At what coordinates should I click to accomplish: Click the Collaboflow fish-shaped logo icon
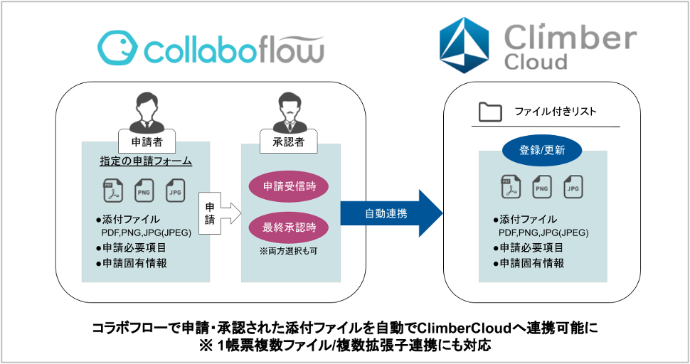coord(117,48)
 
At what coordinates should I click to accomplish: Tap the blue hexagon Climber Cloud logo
coord(465,45)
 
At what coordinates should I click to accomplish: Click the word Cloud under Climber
coord(536,62)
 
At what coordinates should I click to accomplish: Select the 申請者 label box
coord(147,141)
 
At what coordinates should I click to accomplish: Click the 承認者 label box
coord(288,141)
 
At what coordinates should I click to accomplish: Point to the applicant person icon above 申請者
coord(147,112)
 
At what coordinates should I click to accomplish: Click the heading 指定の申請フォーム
coord(146,161)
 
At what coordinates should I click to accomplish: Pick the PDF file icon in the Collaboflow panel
coord(112,191)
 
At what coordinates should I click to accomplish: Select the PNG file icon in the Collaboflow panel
coord(144,191)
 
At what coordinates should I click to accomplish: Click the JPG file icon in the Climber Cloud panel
coord(573,186)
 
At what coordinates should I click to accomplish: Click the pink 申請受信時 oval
coord(289,186)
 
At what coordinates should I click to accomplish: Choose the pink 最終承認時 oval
coord(289,227)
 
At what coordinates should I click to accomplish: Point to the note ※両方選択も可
coord(288,251)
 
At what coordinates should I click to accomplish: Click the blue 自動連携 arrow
coord(391,214)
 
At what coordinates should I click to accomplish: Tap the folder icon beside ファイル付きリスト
coord(490,112)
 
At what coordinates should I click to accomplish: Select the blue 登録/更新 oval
coord(542,150)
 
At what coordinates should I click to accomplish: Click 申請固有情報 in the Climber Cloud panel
coord(529,263)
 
